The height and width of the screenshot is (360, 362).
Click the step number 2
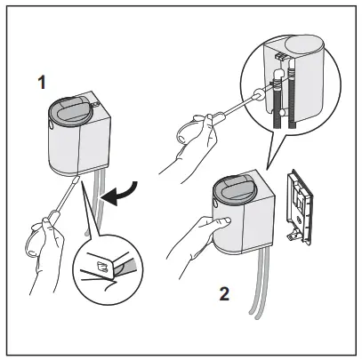point(225,292)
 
